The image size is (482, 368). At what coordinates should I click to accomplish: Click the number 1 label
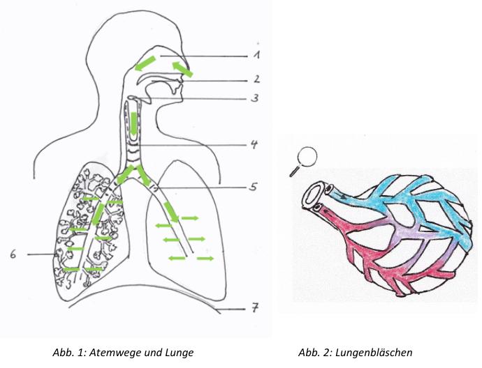point(258,53)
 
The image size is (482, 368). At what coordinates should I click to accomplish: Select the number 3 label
point(256,98)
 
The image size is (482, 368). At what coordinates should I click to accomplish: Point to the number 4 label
point(256,145)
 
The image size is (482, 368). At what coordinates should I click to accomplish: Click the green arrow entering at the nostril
point(183,68)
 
